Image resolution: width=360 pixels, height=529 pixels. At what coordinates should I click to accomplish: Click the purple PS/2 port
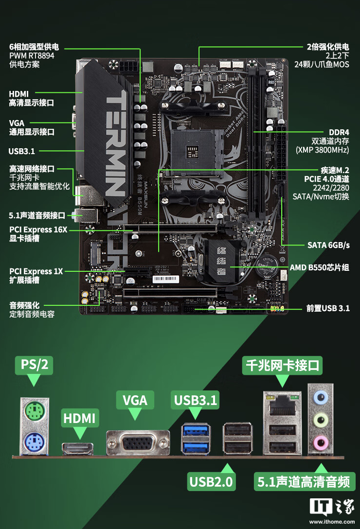35,442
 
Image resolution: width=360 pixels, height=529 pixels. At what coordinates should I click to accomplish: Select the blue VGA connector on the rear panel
138,443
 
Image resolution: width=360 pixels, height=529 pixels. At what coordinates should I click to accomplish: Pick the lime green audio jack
320,420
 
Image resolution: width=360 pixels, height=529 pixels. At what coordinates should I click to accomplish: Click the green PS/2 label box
34,364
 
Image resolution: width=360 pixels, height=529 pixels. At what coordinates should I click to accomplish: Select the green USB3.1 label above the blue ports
195,400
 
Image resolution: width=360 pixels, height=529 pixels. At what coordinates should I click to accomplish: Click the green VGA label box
135,400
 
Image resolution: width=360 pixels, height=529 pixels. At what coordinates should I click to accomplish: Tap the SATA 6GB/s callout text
328,245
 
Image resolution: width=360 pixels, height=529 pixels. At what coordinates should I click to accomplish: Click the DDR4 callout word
339,132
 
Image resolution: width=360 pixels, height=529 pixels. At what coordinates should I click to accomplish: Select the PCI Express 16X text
38,229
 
